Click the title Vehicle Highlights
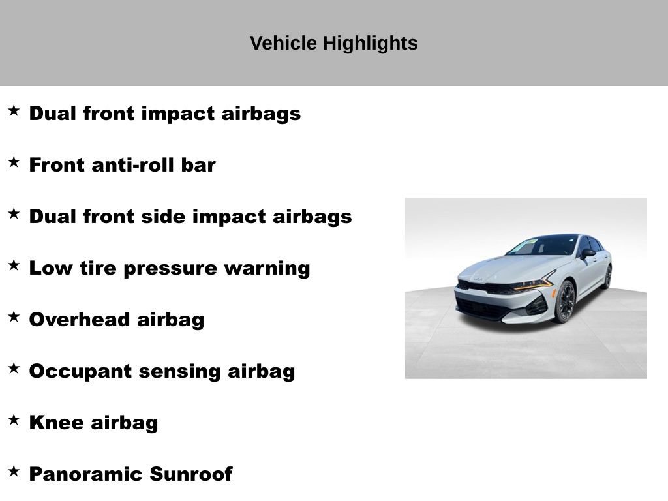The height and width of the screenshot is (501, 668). point(333,43)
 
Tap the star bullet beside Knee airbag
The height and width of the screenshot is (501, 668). point(14,419)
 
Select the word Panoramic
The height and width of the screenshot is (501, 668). point(86,474)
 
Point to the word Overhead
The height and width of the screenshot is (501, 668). point(80,320)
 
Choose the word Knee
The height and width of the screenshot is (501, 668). point(57,423)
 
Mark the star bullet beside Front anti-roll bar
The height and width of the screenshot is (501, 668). point(14,162)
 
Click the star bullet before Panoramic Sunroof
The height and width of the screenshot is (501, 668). point(14,471)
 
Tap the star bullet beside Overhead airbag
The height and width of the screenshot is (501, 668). point(14,316)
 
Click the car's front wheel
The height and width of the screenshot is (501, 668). point(564,302)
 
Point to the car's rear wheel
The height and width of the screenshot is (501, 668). point(607,277)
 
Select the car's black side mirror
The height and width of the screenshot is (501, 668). point(588,253)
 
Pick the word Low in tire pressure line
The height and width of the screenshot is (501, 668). point(46,268)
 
